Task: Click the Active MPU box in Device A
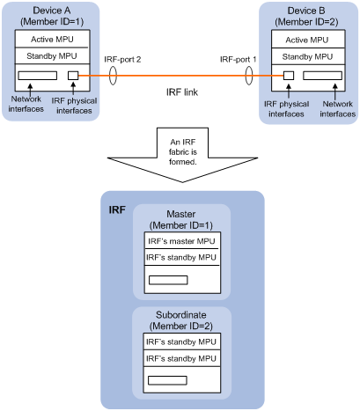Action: pos(52,39)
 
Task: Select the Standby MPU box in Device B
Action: pos(308,56)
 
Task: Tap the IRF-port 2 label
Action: pos(122,59)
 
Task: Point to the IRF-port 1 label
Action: pos(238,59)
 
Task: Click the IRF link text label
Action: pos(182,92)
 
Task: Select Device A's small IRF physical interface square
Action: pos(73,76)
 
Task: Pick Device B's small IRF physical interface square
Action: pos(289,76)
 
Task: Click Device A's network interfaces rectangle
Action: pos(38,76)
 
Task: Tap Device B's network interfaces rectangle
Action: pos(322,76)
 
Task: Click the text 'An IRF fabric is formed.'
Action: pos(183,151)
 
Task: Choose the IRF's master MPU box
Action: pos(182,240)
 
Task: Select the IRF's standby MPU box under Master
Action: pos(182,257)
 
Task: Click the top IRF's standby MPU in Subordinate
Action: pos(181,341)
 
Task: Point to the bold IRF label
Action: pos(117,209)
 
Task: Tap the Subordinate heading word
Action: pos(181,315)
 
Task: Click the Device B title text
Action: pos(306,11)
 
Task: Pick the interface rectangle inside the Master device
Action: pos(168,280)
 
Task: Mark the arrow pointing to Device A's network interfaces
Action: pos(30,89)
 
